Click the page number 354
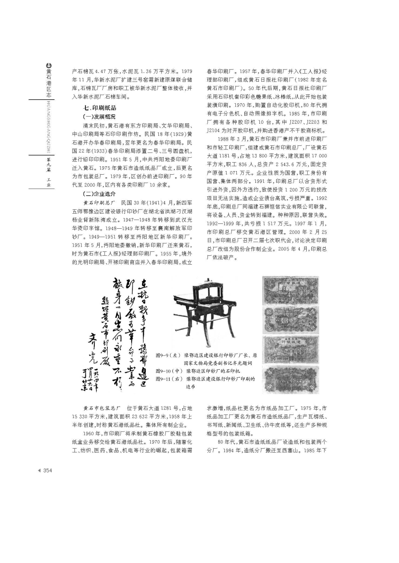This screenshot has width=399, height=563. (x=47, y=471)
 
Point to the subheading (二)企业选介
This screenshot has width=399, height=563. (x=99, y=194)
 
